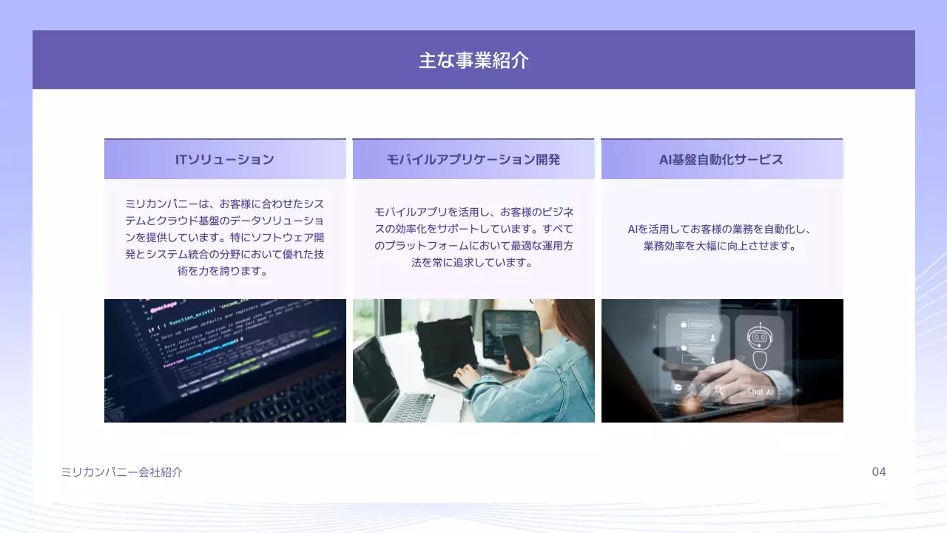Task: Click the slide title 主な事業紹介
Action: [473, 60]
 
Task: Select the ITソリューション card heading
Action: [224, 159]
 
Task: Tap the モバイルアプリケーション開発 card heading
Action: [473, 159]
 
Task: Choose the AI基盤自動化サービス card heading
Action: [721, 159]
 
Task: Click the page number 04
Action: [878, 472]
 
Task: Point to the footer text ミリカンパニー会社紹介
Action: [121, 472]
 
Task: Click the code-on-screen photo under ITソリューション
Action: [225, 361]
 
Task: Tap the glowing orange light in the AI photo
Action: [690, 404]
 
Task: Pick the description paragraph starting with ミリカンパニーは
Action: [224, 237]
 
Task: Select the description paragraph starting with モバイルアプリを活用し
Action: [473, 237]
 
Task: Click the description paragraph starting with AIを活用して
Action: [721, 238]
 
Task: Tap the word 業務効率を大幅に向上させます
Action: [721, 246]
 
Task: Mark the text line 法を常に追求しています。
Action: [473, 262]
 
